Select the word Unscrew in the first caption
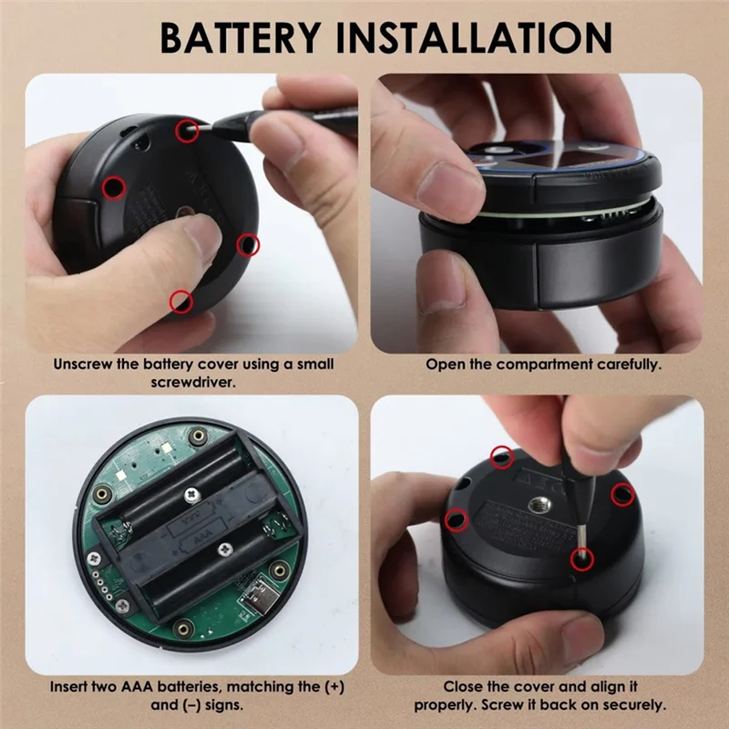pyautogui.click(x=84, y=364)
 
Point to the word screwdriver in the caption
pyautogui.click(x=192, y=383)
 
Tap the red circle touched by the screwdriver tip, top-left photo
pyautogui.click(x=188, y=130)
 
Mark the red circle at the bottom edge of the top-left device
pyautogui.click(x=181, y=301)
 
